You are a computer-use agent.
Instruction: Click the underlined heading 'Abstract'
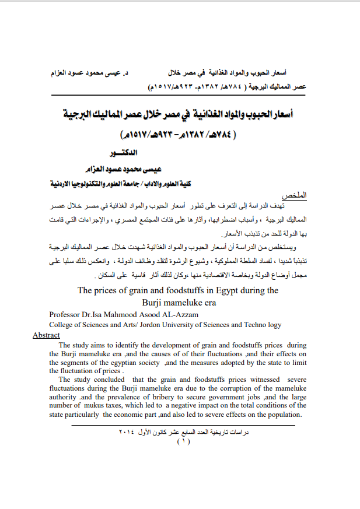(46, 335)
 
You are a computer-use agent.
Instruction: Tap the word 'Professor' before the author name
(66, 315)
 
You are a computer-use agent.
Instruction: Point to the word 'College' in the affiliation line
(62, 325)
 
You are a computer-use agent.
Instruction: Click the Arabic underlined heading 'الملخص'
(295, 194)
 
